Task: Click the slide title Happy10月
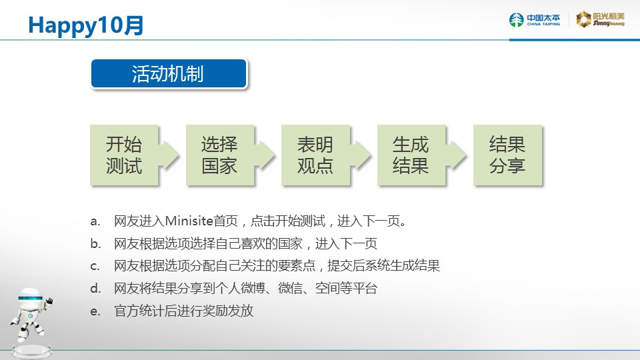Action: [86, 25]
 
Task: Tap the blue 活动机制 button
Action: [169, 73]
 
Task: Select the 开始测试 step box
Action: [124, 155]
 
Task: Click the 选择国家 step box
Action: [220, 155]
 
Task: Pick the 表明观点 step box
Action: [315, 155]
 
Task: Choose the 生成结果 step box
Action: [411, 155]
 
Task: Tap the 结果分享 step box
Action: [507, 155]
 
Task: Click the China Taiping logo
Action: [535, 19]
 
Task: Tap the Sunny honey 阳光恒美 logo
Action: [600, 19]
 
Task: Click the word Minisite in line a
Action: [189, 221]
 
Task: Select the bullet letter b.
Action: [95, 244]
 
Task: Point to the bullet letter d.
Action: [95, 289]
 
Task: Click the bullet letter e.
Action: [95, 312]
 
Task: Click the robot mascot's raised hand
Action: [49, 301]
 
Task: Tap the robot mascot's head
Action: [31, 299]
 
